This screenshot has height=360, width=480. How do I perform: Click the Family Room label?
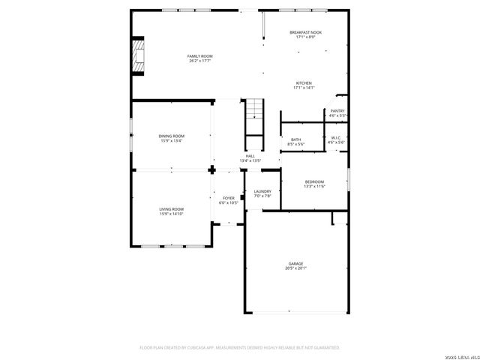point(200,56)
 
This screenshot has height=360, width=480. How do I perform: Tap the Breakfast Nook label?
point(306,32)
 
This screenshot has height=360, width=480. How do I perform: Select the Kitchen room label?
point(304,83)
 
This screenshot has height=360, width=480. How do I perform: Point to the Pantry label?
point(337,111)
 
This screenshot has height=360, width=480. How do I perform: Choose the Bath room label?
point(295,139)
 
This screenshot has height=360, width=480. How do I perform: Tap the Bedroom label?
point(314,181)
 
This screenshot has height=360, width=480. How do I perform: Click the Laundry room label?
point(262,191)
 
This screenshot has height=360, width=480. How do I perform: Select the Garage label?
point(296,263)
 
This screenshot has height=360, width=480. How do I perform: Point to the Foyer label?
point(228,198)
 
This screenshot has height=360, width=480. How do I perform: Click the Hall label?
point(250,156)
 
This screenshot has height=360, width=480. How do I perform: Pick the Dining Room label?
point(171,136)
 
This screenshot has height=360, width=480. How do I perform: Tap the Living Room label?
point(171,209)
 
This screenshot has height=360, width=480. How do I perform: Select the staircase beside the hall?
point(256,112)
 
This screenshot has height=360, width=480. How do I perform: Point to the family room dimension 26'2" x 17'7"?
point(200,61)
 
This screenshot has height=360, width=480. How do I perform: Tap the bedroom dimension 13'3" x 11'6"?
point(314,186)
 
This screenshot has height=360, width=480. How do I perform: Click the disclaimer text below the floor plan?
point(240,347)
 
